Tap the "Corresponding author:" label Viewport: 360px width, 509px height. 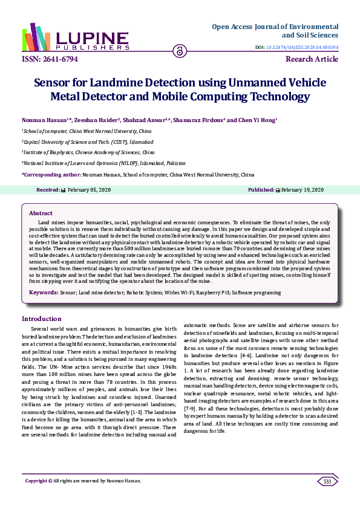point(51,174)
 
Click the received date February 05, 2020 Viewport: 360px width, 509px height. point(88,190)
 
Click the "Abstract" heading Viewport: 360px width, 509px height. point(41,213)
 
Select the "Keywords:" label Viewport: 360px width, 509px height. point(44,293)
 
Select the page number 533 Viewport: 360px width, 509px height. point(327,481)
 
